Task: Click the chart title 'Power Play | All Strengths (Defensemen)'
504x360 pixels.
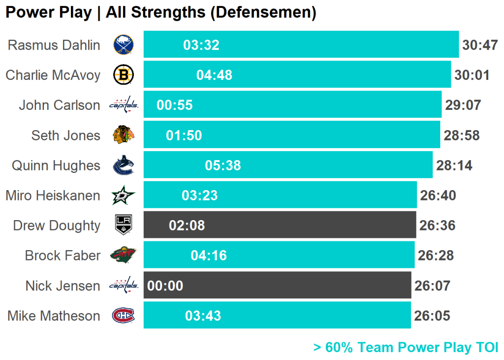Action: click(x=160, y=13)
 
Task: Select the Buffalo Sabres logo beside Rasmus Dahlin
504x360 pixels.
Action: click(x=123, y=45)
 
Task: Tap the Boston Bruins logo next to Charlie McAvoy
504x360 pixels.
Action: click(x=123, y=75)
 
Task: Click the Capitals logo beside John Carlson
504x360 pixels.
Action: click(x=123, y=105)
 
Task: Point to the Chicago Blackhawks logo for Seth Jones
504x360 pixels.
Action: click(x=123, y=135)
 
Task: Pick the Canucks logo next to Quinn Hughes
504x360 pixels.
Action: click(x=123, y=165)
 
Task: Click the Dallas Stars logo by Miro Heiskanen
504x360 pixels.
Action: click(x=123, y=196)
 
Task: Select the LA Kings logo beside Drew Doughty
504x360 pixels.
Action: click(x=123, y=225)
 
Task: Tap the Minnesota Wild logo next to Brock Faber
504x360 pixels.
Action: click(x=123, y=255)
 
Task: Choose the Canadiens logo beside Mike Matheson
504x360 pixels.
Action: click(x=123, y=315)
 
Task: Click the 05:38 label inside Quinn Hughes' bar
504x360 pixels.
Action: click(x=223, y=165)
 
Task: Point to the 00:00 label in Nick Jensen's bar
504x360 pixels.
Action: click(x=165, y=286)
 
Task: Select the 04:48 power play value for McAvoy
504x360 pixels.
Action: click(x=214, y=75)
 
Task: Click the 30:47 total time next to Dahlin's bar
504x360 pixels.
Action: click(x=480, y=45)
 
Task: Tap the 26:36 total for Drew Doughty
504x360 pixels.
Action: click(x=437, y=226)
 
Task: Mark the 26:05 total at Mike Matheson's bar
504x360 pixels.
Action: click(x=432, y=316)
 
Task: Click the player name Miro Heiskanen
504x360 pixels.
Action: click(x=53, y=196)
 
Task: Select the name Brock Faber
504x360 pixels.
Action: click(x=63, y=256)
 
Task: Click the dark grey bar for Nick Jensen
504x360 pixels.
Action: click(x=295, y=286)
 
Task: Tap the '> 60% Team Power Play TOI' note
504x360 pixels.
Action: click(x=406, y=347)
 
